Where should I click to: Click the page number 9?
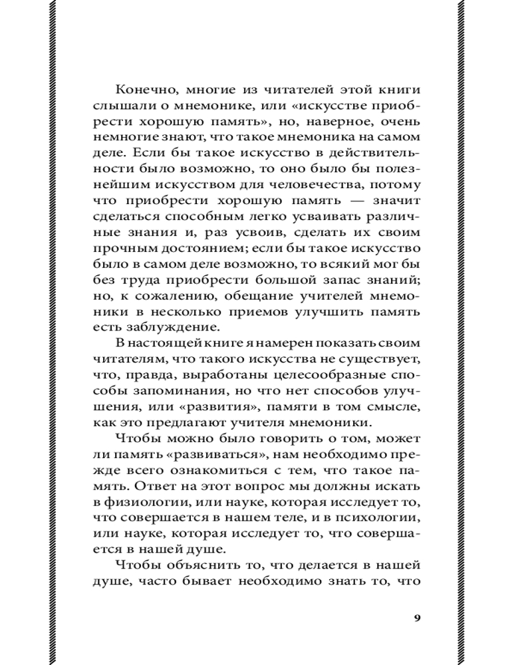[x=416, y=618]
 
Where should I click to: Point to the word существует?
[x=384, y=360]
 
